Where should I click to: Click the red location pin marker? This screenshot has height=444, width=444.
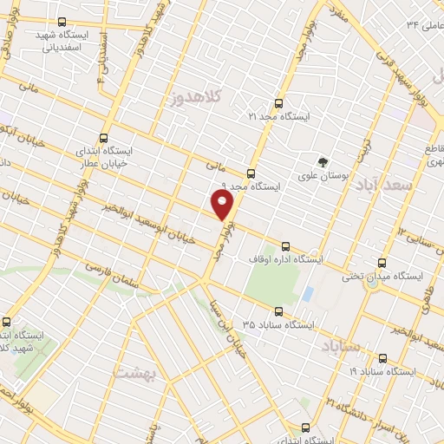tap(223, 205)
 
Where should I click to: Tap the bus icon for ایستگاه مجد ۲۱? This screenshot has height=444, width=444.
tap(278, 101)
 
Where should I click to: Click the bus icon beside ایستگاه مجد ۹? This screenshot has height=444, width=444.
tap(251, 172)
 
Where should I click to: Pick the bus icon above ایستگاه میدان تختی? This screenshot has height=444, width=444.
tap(382, 262)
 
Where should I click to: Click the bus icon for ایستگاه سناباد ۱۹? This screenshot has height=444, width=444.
tap(382, 356)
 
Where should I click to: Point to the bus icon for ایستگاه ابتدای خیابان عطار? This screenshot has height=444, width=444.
tap(104, 137)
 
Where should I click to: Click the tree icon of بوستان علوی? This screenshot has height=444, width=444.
tap(323, 161)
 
